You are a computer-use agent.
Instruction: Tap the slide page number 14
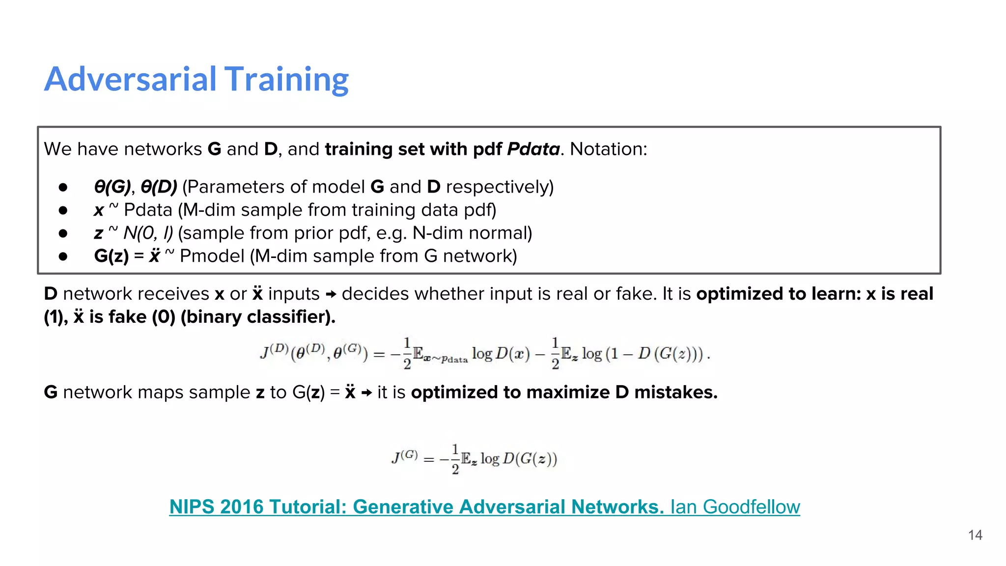click(975, 535)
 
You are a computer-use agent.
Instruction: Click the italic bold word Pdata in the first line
click(533, 149)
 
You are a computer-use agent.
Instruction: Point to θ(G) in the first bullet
click(112, 187)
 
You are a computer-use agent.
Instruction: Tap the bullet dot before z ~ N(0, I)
click(63, 233)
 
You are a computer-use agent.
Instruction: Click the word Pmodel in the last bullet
click(212, 256)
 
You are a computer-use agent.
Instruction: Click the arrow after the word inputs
click(331, 294)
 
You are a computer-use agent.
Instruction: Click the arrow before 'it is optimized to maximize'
click(366, 393)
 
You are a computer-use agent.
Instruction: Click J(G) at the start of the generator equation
click(404, 457)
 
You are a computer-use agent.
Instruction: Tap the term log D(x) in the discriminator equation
click(501, 353)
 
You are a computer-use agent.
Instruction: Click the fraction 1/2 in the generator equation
click(455, 459)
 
